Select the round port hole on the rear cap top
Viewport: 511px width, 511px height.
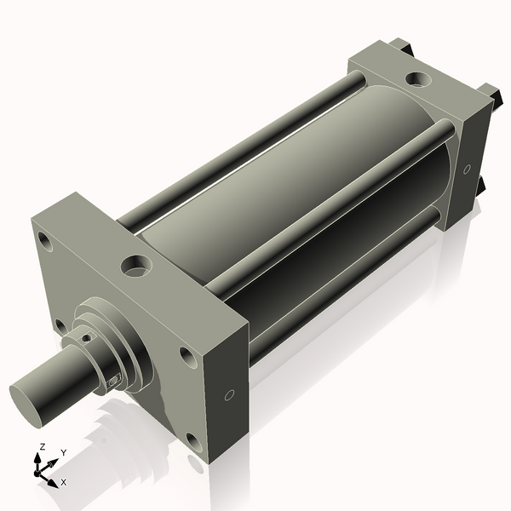click(417, 80)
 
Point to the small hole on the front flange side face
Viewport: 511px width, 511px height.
click(229, 395)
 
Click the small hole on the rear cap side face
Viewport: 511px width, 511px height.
click(467, 169)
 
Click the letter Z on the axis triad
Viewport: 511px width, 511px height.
click(42, 446)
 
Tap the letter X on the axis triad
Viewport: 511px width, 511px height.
click(64, 482)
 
